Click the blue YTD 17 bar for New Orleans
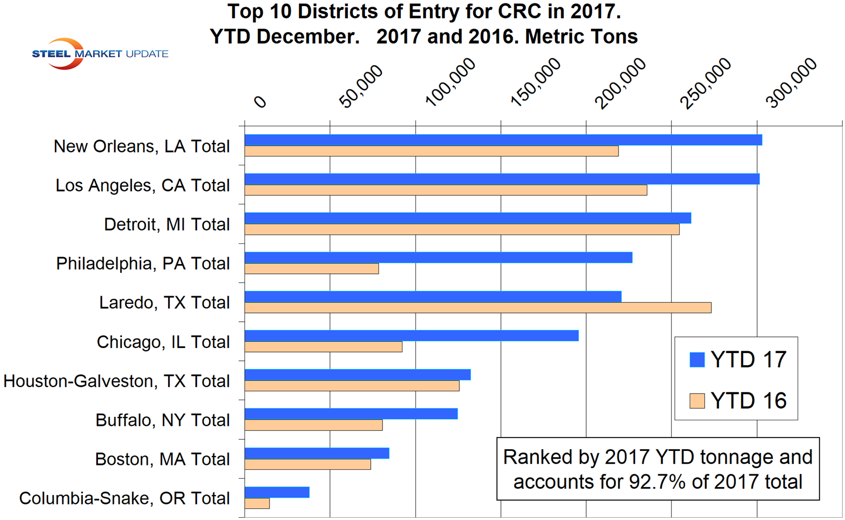[x=503, y=140]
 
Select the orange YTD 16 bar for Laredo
[x=478, y=307]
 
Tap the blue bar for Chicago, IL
[x=411, y=335]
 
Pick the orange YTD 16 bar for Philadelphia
[x=312, y=268]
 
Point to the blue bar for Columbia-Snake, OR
[x=277, y=492]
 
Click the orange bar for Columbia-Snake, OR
[x=257, y=503]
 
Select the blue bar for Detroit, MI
[x=468, y=218]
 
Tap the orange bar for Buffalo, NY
[x=313, y=425]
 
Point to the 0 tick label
[x=260, y=101]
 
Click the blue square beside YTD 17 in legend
[x=697, y=360]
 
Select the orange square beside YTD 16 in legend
[x=697, y=401]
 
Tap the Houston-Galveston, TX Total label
[x=116, y=381]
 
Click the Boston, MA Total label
[x=162, y=459]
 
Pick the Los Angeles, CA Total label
[x=143, y=185]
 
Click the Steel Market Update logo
[x=100, y=53]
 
